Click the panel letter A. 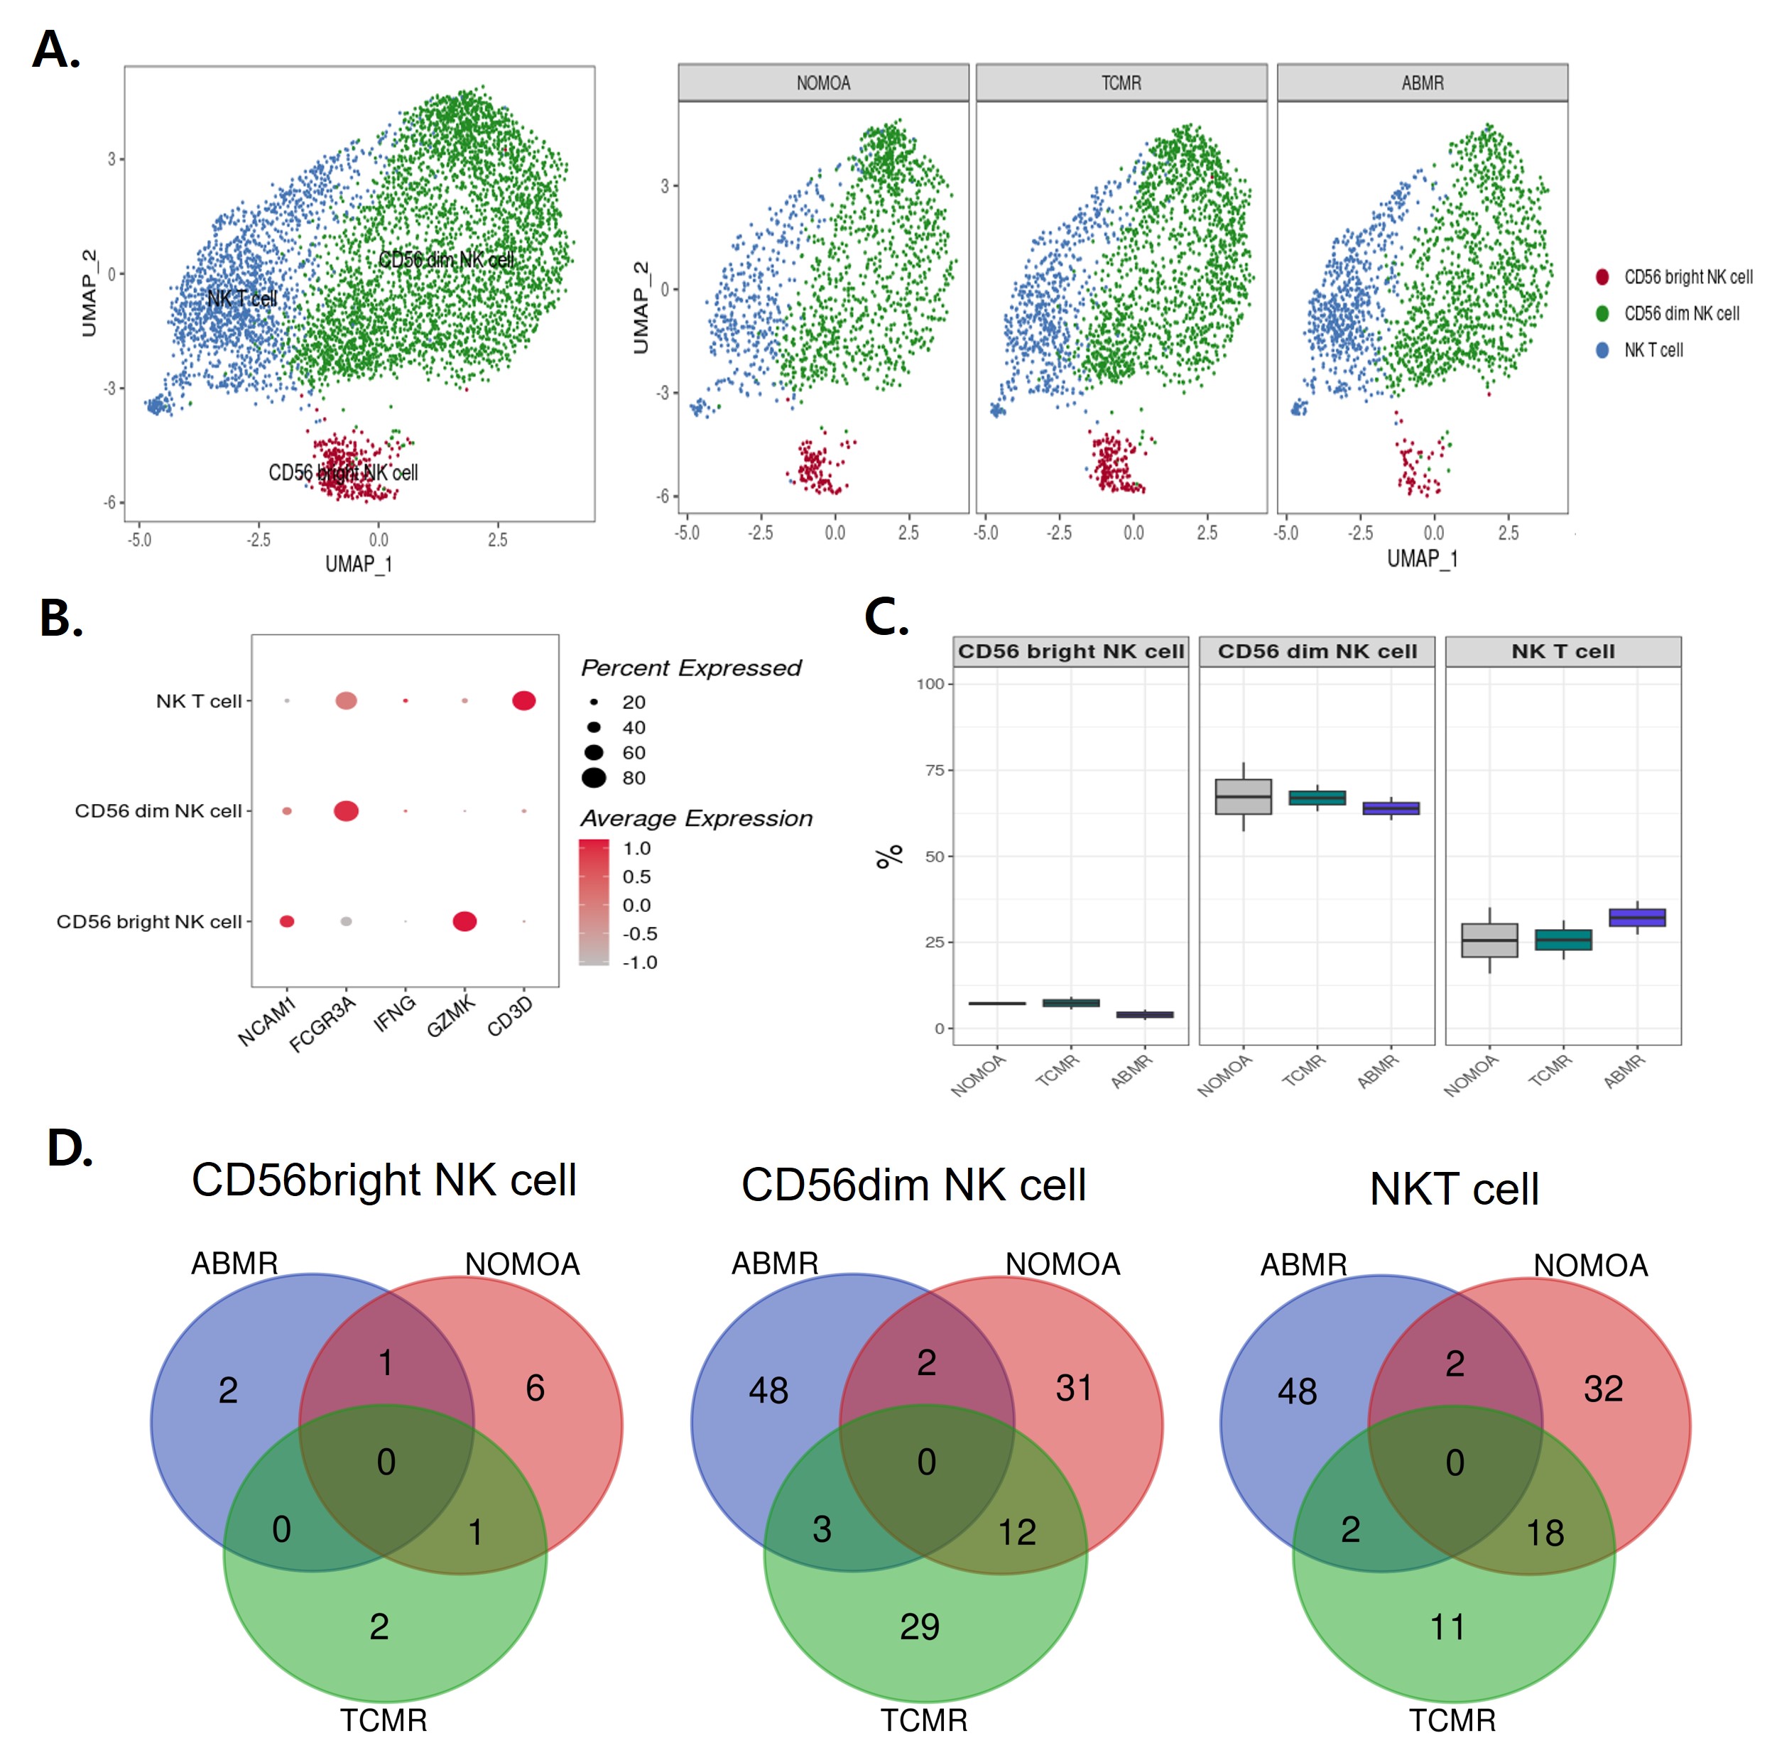click(55, 50)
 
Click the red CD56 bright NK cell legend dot click(1602, 276)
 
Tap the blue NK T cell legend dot click(1602, 349)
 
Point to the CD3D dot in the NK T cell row click(523, 701)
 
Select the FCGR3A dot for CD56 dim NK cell click(346, 811)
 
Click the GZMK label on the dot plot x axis click(451, 1016)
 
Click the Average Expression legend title click(695, 818)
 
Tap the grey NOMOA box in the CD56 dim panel click(1243, 796)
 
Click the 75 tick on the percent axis click(934, 771)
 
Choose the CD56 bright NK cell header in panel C click(1070, 652)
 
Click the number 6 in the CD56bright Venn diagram click(536, 1389)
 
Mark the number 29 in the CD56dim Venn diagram click(919, 1627)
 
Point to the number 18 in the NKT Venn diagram click(1545, 1533)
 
